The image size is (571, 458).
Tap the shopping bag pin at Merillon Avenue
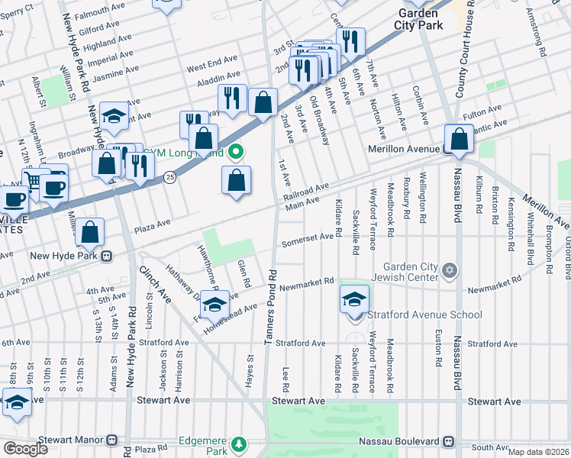click(x=459, y=139)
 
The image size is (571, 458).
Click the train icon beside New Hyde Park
click(x=108, y=255)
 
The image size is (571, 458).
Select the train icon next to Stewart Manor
click(x=112, y=440)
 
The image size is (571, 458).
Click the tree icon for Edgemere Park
click(x=239, y=443)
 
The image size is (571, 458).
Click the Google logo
click(x=25, y=449)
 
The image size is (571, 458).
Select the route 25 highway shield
click(x=169, y=177)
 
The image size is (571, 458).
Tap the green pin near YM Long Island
click(x=236, y=153)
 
